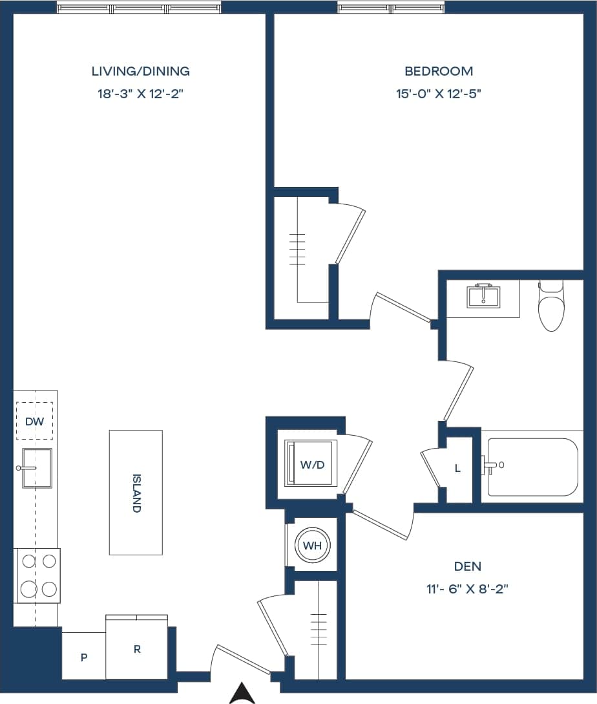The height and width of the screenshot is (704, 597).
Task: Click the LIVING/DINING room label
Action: pos(140,71)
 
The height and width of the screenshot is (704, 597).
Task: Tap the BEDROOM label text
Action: pos(439,71)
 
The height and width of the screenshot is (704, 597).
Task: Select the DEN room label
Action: pos(467,566)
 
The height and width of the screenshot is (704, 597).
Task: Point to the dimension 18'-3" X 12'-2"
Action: pos(140,94)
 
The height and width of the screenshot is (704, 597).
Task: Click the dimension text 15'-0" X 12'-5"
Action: pos(439,94)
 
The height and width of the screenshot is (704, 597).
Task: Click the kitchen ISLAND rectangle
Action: pos(136,493)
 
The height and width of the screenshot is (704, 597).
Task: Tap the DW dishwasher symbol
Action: pos(34,421)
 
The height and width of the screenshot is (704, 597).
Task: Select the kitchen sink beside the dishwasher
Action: pos(36,467)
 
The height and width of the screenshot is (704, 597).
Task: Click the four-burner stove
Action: pos(37,575)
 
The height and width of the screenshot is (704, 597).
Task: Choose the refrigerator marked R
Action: pos(137,648)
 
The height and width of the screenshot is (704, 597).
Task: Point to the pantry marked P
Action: pos(83,657)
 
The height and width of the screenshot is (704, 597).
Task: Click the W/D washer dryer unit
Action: pos(311,464)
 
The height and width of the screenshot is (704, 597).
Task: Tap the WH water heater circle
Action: pos(312,546)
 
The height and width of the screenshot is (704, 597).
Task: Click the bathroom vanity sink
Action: pos(483,297)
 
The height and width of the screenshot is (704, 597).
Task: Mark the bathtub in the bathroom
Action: pos(532,467)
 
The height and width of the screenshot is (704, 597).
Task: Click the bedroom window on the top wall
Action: pos(390,8)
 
